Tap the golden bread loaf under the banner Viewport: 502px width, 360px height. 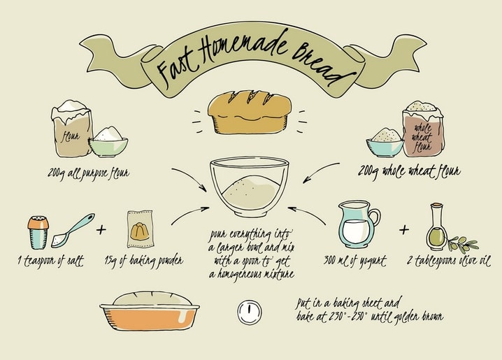(x=250, y=112)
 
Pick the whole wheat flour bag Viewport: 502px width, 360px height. (x=422, y=129)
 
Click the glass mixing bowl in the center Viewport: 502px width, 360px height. (x=250, y=187)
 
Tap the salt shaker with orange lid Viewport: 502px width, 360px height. (x=38, y=232)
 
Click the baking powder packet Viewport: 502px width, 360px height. (x=141, y=229)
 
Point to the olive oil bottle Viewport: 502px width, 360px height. (x=436, y=227)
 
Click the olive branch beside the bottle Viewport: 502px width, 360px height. (x=463, y=244)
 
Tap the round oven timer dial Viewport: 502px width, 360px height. (x=250, y=312)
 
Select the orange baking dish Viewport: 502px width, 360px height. (x=150, y=317)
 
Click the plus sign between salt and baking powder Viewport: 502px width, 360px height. (x=101, y=229)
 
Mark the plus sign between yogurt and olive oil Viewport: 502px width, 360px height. (x=404, y=229)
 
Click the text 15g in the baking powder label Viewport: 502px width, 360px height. (x=110, y=261)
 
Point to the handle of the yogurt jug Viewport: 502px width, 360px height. (x=374, y=218)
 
